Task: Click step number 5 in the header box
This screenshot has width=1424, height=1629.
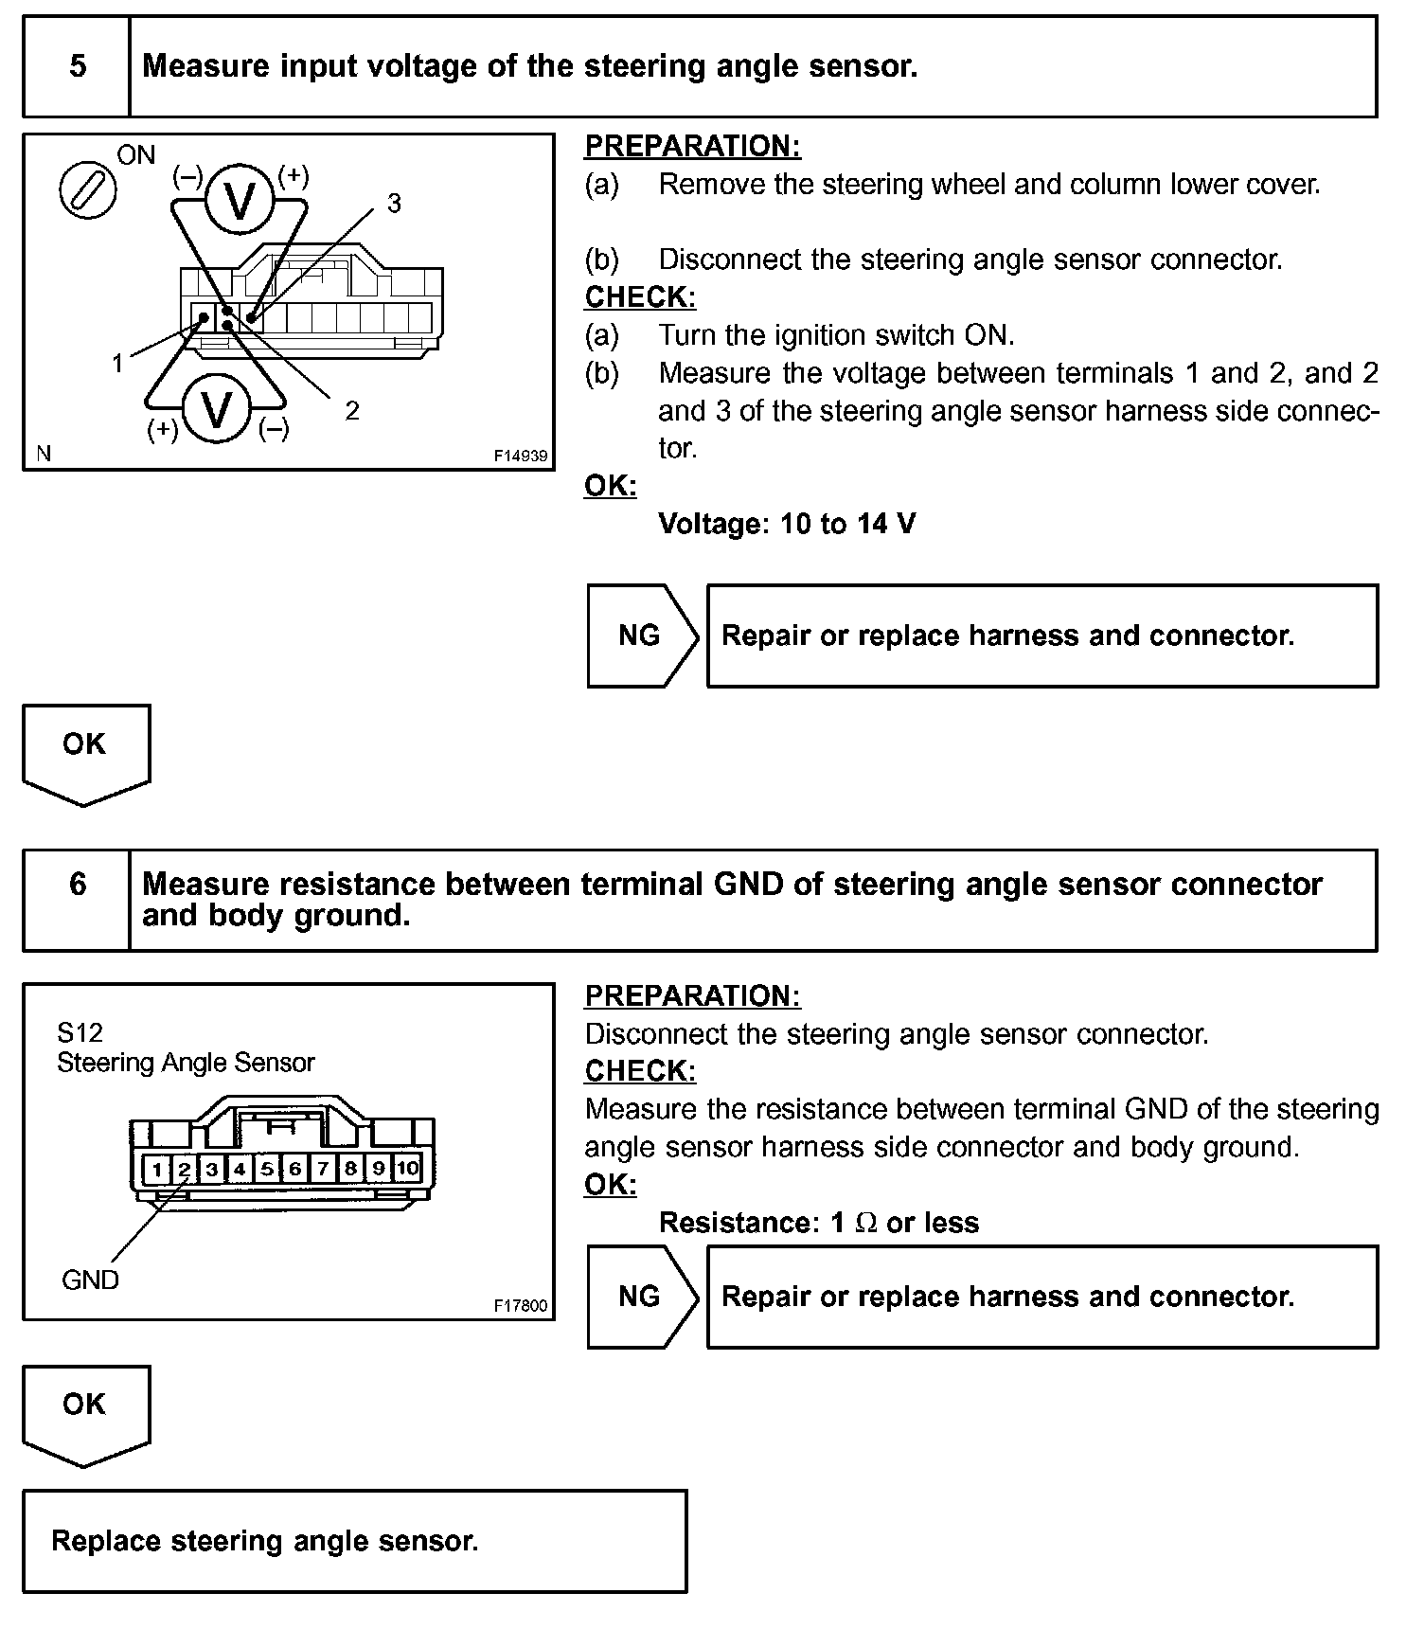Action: (78, 66)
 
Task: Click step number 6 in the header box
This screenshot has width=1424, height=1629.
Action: (78, 885)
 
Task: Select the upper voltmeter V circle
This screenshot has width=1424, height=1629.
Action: (240, 200)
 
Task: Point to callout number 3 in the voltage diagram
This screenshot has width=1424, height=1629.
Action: (394, 204)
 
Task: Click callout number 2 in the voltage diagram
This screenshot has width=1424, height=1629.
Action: (352, 411)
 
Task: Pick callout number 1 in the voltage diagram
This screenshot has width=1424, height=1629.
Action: (117, 363)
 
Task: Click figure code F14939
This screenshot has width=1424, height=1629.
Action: (520, 456)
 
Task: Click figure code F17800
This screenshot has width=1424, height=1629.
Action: (520, 1305)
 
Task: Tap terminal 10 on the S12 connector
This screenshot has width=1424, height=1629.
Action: (407, 1168)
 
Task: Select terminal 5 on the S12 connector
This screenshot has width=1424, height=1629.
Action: (268, 1169)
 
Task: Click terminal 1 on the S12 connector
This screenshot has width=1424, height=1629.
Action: (157, 1169)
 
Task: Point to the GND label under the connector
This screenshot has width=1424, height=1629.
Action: (90, 1280)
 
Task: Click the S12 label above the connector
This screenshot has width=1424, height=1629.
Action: (80, 1032)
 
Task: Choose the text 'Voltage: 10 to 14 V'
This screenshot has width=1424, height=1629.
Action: (787, 524)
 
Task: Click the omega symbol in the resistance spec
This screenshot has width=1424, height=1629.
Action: (865, 1224)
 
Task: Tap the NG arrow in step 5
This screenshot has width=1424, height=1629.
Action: (640, 635)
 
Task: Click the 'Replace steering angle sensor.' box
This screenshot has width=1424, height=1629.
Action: (354, 1541)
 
